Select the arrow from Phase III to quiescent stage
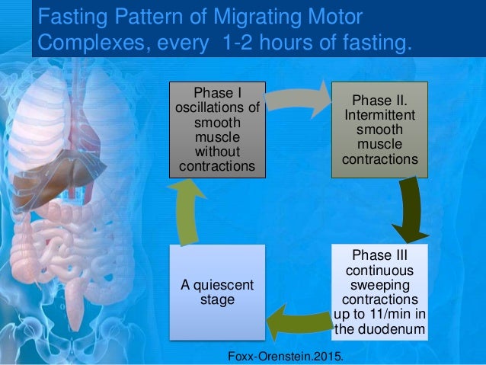coord(299,319)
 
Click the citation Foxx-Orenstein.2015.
coord(286,354)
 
